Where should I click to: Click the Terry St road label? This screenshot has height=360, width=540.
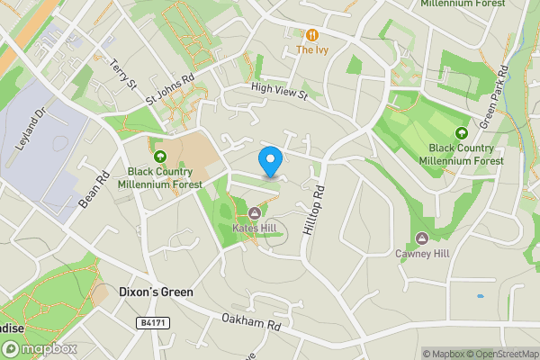tap(121, 76)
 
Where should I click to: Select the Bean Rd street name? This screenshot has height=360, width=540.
tap(94, 190)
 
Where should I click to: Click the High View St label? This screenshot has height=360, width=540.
tap(280, 90)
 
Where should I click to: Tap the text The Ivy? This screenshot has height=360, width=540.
tap(312, 50)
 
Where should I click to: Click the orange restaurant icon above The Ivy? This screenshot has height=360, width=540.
tap(312, 35)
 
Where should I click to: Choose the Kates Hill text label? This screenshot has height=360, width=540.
tap(255, 228)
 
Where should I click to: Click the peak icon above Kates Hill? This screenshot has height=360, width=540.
tap(255, 213)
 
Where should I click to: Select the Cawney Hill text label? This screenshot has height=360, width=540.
tap(421, 253)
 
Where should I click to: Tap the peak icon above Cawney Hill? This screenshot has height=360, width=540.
tap(421, 238)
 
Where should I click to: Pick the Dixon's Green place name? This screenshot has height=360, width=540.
tap(156, 292)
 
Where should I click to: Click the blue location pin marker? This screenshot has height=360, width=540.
tap(270, 161)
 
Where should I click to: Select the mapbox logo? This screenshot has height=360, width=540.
tap(39, 348)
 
